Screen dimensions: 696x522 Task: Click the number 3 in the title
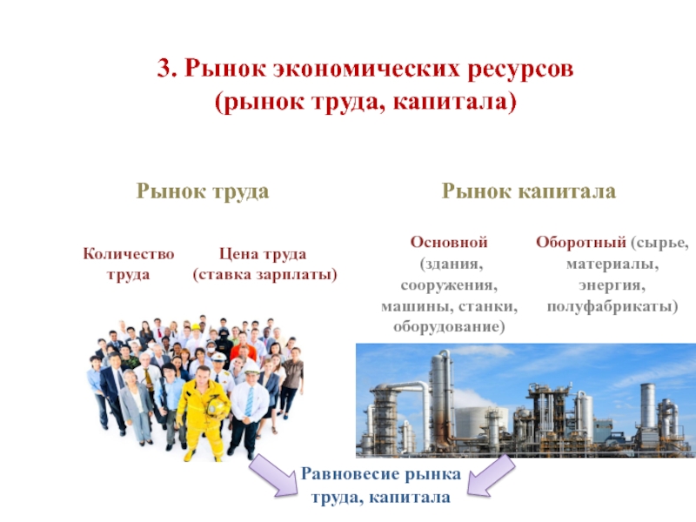163,69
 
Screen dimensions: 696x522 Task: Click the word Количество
128,254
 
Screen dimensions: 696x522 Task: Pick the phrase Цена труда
263,254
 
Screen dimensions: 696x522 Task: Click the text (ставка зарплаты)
264,274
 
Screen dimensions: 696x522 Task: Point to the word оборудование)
449,327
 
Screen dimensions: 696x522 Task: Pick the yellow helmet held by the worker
217,406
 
